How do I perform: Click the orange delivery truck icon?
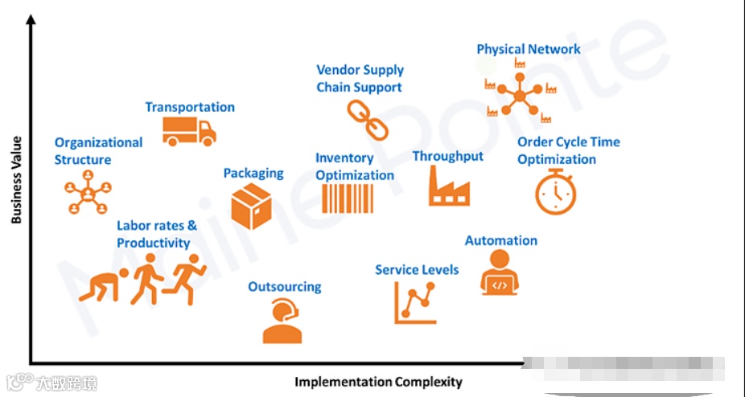pos(189,131)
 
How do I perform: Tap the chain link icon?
pos(362,121)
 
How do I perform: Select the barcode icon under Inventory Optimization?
pos(348,198)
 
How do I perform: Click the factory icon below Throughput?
pos(449,187)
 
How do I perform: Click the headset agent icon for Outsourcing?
pos(282,321)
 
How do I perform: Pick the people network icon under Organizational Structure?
pos(85,195)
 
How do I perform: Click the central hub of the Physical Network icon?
pos(519,96)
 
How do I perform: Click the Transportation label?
pos(190,107)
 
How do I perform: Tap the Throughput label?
pos(448,156)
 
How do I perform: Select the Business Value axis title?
pos(16,179)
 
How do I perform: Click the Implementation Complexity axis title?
pos(378,381)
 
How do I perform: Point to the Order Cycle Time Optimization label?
pos(568,150)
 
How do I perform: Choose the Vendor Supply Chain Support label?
pos(360,79)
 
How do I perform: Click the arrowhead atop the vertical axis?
pos(31,22)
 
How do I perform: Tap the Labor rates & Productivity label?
pos(156,234)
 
